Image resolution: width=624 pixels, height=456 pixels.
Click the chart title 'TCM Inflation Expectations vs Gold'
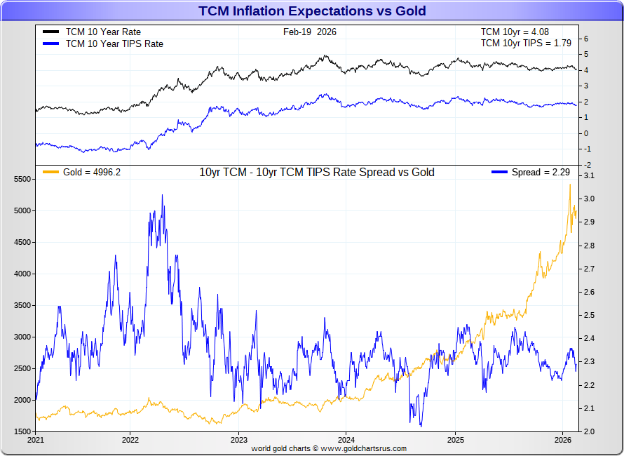312,11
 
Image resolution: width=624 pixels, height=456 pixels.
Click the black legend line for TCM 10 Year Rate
50,32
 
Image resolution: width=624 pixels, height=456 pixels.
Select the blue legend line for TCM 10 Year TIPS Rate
50,43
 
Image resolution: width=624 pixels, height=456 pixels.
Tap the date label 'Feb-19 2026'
309,32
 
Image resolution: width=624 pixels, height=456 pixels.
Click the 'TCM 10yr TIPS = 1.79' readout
526,43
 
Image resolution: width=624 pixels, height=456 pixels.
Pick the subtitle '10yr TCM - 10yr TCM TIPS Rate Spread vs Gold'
317,173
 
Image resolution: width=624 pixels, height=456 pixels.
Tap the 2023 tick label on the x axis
238,441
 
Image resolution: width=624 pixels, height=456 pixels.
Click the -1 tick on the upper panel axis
587,149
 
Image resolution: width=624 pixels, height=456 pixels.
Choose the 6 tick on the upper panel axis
587,39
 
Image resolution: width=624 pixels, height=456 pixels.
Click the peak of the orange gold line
570,185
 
